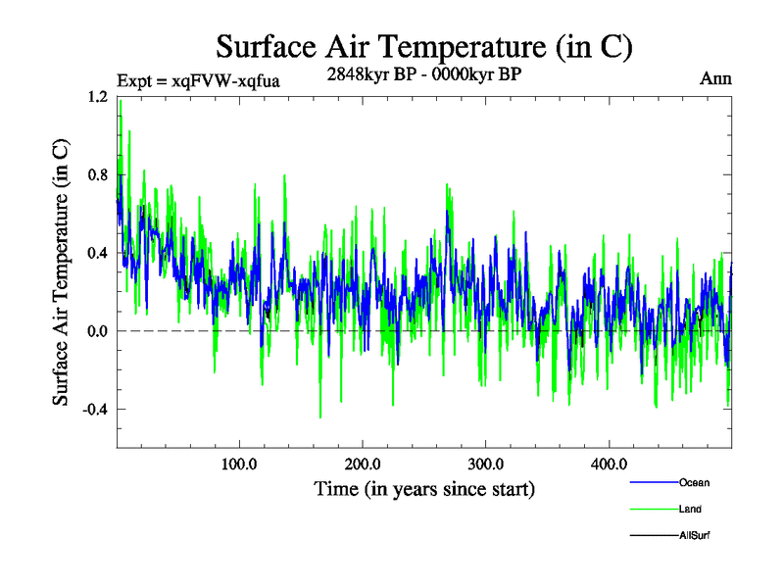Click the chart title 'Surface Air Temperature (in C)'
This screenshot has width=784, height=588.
click(423, 46)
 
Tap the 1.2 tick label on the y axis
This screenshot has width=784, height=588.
click(98, 97)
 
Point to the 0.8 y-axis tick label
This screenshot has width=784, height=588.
click(98, 174)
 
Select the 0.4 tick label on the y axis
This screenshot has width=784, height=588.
click(98, 253)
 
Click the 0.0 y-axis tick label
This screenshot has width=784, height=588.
click(98, 331)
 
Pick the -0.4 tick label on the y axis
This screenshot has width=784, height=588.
click(96, 409)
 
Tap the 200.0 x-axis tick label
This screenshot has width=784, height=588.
click(363, 464)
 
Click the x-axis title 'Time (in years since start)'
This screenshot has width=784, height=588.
click(423, 487)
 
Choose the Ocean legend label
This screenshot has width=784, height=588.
click(694, 483)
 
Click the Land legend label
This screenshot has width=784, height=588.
click(691, 509)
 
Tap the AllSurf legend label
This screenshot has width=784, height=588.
click(694, 534)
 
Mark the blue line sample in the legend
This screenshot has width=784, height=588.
click(651, 483)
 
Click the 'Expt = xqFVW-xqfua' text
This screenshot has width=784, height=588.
click(199, 81)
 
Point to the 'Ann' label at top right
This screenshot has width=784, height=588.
click(716, 78)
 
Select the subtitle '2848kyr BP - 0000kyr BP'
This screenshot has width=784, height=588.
click(423, 73)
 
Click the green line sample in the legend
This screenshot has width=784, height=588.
click(651, 509)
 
